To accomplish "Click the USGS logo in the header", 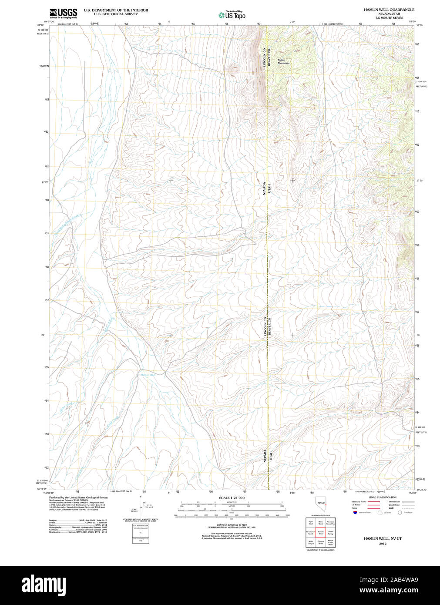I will pos(63,13).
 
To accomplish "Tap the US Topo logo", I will pos(232,15).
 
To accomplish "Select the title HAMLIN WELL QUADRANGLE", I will pos(389,10).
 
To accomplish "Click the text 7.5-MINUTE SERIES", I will pos(389,18).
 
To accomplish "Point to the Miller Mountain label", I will pos(283,62).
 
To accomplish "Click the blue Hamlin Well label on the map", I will pos(148,375).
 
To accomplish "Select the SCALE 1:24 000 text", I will pos(232,497).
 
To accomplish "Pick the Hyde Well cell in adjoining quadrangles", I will pos(311,522).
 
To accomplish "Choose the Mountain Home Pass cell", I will pos(331,522).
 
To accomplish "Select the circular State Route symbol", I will pos(400,513).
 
